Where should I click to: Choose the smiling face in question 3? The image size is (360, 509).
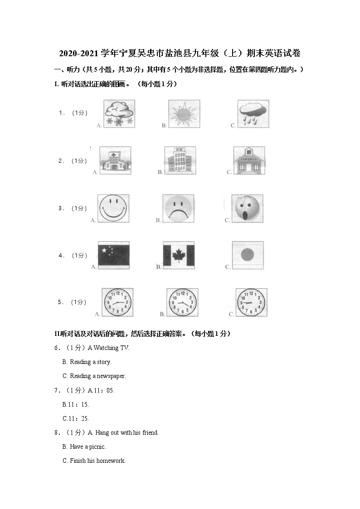[x=113, y=208]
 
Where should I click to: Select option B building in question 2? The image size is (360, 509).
[x=180, y=160]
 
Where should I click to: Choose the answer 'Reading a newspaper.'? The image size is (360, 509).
[x=97, y=376]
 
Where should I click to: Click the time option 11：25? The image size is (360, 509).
[x=76, y=418]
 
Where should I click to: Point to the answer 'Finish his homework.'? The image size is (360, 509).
[x=97, y=461]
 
